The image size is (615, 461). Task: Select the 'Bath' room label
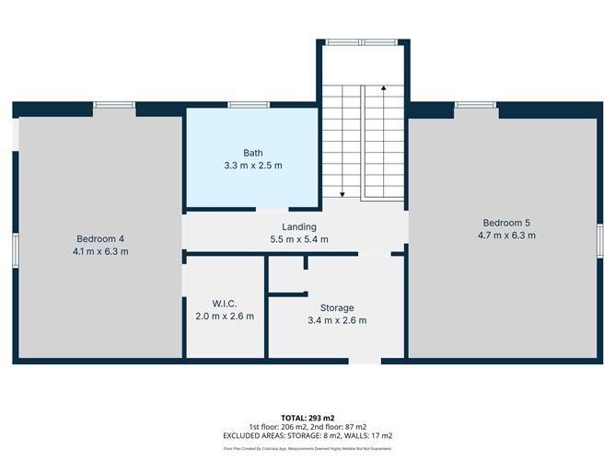click(x=252, y=153)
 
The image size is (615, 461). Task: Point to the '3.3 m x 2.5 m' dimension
click(x=252, y=166)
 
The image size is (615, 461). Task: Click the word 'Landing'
click(x=299, y=226)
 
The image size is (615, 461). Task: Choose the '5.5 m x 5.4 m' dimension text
click(x=299, y=239)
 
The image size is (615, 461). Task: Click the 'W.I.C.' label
click(x=225, y=304)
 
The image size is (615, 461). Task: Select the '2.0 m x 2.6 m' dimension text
click(x=225, y=317)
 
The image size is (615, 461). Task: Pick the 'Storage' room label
click(x=337, y=307)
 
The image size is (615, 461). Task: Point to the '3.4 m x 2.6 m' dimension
click(x=337, y=320)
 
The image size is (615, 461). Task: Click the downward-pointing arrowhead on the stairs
click(x=342, y=195)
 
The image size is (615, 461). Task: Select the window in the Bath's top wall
click(x=242, y=105)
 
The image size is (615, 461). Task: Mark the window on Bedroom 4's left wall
click(x=15, y=251)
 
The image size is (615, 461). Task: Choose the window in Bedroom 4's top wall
click(x=113, y=105)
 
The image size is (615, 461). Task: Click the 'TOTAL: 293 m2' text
click(x=307, y=419)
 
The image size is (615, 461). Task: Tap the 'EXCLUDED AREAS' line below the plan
click(x=307, y=435)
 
